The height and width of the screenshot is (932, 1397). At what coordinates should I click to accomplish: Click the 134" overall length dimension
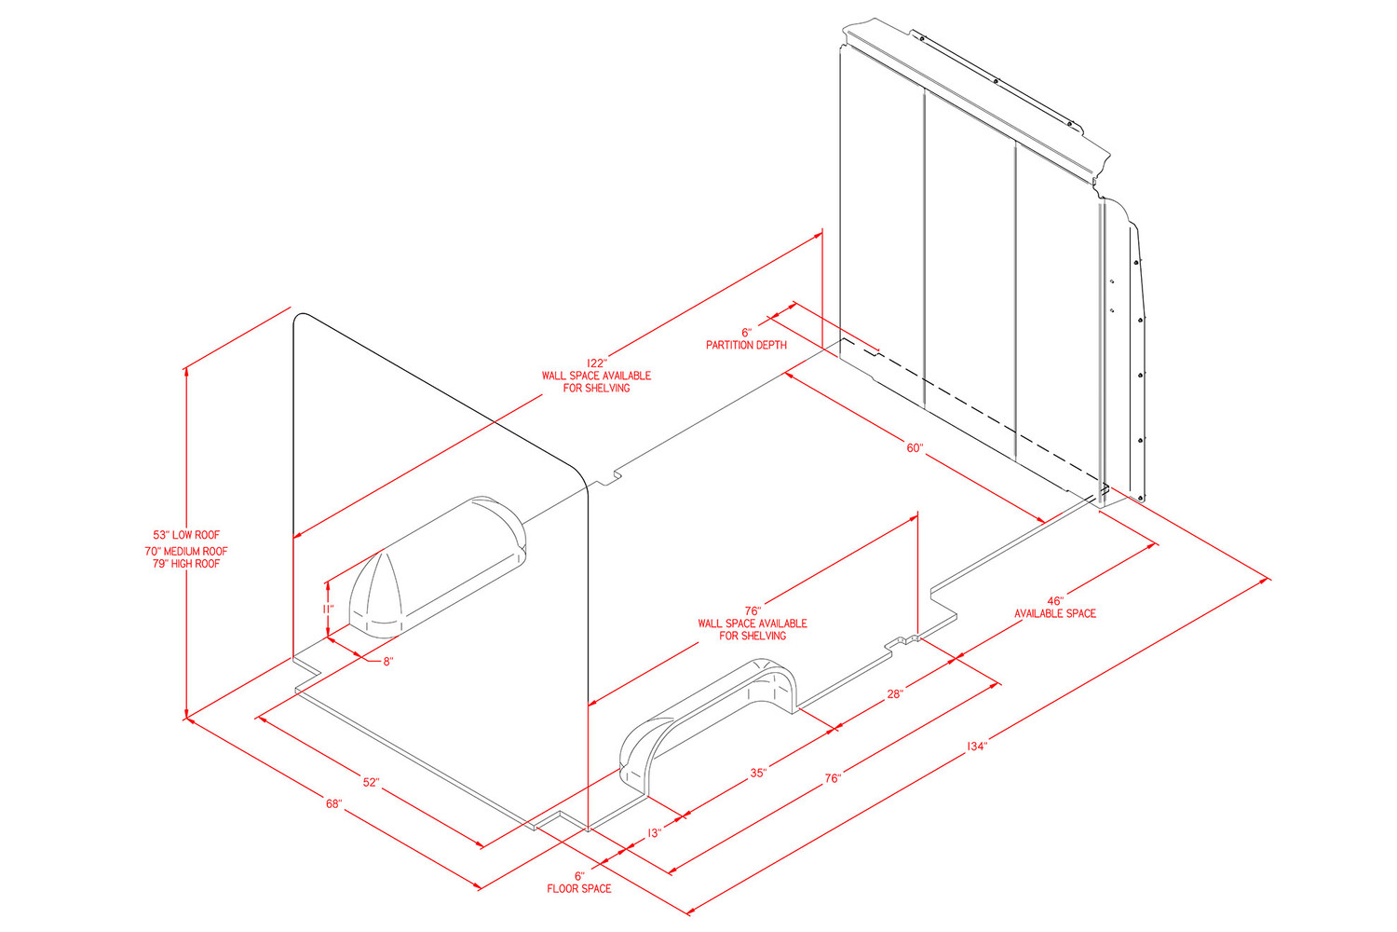(x=976, y=746)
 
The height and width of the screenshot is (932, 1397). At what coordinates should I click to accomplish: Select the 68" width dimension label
(x=334, y=803)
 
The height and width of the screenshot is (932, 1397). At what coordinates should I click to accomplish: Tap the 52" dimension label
(x=371, y=782)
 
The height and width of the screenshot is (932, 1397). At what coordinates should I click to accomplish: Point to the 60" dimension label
(x=915, y=447)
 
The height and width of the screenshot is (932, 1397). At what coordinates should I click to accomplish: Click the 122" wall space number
(x=596, y=363)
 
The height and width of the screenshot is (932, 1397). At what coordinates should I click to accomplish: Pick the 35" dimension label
(x=758, y=773)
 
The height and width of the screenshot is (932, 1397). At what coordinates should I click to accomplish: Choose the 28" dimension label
(x=895, y=693)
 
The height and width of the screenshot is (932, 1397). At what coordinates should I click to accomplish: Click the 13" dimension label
(x=654, y=832)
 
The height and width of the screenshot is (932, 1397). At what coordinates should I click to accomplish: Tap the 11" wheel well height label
(x=328, y=608)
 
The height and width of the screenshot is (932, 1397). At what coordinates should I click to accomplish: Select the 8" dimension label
(x=388, y=661)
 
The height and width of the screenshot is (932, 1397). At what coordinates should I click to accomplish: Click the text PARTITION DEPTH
(x=747, y=345)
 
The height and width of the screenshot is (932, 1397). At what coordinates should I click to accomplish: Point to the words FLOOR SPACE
(x=578, y=888)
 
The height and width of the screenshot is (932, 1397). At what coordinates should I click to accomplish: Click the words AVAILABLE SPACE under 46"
(x=1054, y=613)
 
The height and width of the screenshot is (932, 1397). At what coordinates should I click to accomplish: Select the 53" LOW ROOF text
(x=186, y=534)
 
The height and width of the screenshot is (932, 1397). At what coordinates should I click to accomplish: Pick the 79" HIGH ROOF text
(x=186, y=563)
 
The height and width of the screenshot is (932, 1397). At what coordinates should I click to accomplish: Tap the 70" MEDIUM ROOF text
(x=186, y=551)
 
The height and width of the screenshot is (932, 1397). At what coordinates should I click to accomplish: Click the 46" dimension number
(x=1054, y=600)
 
